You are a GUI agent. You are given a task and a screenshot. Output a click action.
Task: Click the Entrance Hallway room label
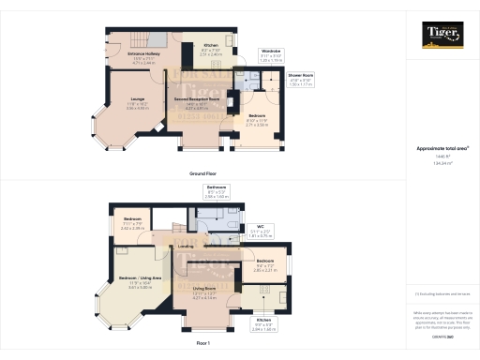pos(121,54)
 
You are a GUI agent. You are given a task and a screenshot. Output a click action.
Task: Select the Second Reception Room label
pos(196,97)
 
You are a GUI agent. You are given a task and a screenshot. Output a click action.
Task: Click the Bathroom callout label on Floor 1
pos(217,188)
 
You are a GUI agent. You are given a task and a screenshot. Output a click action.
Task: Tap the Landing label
pos(187,246)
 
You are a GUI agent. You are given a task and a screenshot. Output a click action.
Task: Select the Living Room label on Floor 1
pos(204,288)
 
